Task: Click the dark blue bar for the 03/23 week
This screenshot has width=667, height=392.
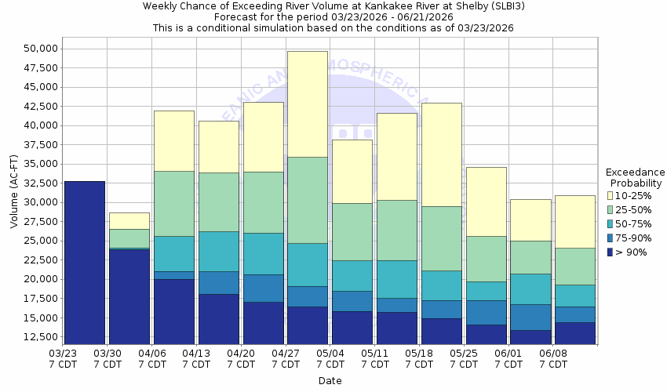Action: (85, 263)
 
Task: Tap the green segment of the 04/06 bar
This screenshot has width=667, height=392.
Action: (174, 204)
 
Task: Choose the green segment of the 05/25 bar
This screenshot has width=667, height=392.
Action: (487, 259)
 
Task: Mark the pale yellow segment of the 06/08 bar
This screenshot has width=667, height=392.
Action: (575, 222)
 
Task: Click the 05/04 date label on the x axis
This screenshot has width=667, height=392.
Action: (330, 359)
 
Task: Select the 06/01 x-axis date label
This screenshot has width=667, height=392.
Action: (509, 359)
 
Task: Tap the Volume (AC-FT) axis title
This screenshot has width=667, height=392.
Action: (13, 192)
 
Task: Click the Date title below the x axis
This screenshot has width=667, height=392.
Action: (330, 381)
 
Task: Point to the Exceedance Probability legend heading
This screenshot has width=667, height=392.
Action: (635, 177)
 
